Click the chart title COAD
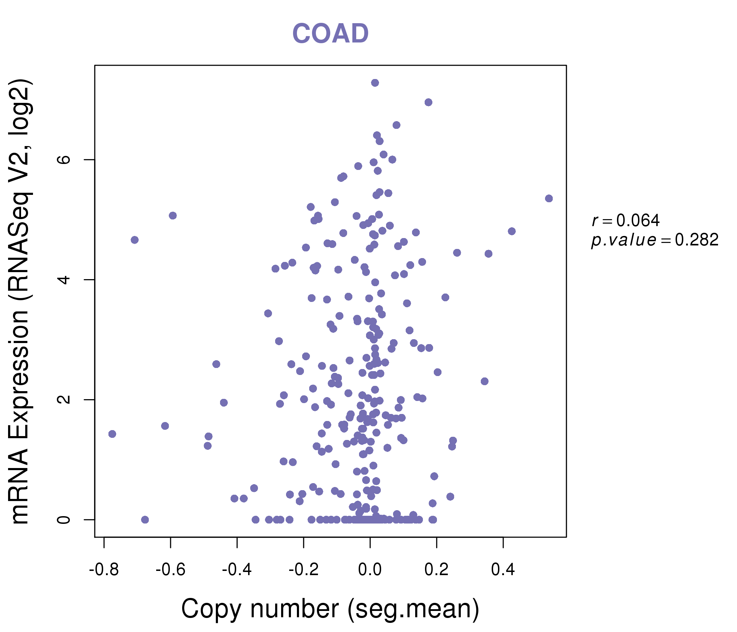click(330, 34)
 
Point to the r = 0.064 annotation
click(625, 220)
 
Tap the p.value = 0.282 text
click(655, 240)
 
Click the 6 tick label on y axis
click(64, 159)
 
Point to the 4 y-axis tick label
click(64, 279)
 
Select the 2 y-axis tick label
click(64, 399)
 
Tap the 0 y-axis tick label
click(64, 520)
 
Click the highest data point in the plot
click(375, 83)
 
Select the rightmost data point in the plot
click(549, 198)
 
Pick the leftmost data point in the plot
click(112, 434)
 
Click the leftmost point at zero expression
click(145, 520)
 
